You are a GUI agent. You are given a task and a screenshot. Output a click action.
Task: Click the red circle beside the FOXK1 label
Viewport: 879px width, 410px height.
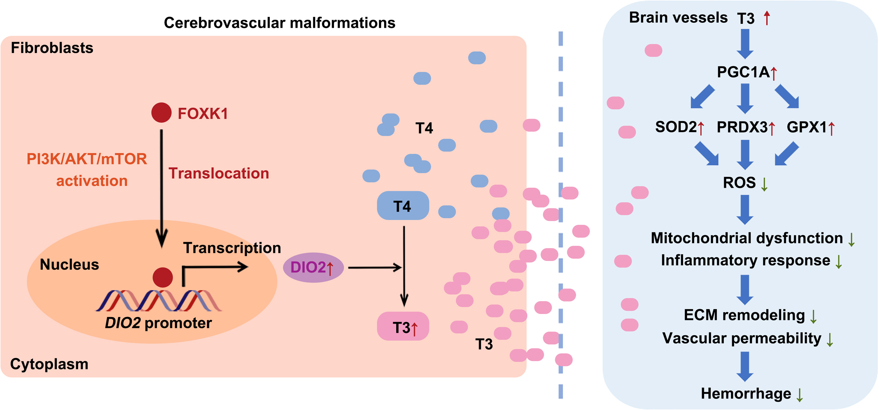[162, 112]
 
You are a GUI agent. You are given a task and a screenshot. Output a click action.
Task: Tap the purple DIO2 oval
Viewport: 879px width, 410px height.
[313, 268]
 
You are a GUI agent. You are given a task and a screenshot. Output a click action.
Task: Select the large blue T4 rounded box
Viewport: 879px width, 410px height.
[403, 206]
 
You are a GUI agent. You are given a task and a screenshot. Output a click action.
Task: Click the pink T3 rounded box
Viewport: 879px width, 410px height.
[403, 327]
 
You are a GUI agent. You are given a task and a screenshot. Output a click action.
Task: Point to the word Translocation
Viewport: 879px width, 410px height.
[219, 173]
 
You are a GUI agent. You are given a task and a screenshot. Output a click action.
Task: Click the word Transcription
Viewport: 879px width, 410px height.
[232, 248]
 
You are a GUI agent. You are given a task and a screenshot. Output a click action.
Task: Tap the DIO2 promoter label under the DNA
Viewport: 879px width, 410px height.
[158, 323]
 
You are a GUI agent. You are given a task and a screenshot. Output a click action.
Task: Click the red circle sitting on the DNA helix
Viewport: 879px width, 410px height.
[163, 277]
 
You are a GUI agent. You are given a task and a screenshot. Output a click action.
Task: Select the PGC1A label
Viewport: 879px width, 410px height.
[743, 72]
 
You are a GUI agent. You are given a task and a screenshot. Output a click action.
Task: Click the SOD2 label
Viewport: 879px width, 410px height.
[676, 127]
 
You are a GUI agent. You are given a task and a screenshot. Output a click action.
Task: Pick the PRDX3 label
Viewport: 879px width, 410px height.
[742, 127]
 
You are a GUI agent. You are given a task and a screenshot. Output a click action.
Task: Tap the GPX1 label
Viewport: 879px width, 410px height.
[807, 127]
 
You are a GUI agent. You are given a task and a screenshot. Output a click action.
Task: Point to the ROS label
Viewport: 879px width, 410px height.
[739, 182]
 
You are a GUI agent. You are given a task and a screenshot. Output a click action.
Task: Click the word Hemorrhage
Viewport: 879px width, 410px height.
[746, 394]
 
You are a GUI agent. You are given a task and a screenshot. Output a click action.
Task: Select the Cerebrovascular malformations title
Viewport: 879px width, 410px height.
[279, 23]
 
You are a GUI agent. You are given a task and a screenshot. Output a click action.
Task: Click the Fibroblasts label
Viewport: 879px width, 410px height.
[52, 48]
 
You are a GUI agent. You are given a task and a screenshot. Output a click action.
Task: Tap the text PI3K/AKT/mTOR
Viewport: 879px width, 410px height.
[87, 159]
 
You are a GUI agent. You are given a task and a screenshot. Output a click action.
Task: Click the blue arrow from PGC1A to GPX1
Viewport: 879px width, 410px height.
[787, 96]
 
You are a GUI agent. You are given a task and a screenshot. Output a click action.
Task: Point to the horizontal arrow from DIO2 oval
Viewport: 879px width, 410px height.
[374, 268]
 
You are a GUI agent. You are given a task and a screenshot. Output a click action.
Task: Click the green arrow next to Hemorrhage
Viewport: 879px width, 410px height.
[800, 395]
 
